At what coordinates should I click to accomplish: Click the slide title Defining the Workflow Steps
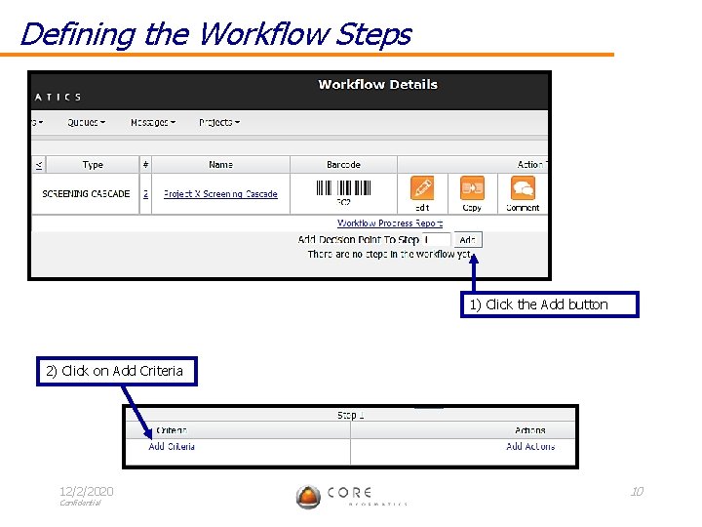click(215, 34)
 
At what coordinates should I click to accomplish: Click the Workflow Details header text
click(377, 85)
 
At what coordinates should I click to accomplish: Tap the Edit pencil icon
click(422, 188)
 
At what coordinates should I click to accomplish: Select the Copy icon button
click(472, 188)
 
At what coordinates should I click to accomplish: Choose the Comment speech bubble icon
click(524, 188)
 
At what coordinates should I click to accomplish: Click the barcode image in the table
click(343, 188)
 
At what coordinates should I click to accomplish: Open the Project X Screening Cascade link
click(220, 194)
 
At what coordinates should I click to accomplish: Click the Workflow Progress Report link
click(390, 223)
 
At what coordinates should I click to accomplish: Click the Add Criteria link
click(172, 447)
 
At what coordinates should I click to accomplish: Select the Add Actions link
click(530, 447)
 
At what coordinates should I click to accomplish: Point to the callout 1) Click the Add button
click(550, 304)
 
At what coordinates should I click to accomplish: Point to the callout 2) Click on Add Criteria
click(116, 371)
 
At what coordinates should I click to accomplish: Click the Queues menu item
click(86, 123)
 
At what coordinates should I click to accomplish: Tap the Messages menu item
click(152, 123)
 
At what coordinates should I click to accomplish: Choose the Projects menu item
click(218, 123)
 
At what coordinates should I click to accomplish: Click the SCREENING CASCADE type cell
click(86, 194)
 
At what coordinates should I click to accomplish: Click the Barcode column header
click(343, 165)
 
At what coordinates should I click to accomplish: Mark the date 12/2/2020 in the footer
click(86, 491)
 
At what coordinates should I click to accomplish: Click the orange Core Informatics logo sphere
click(308, 497)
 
